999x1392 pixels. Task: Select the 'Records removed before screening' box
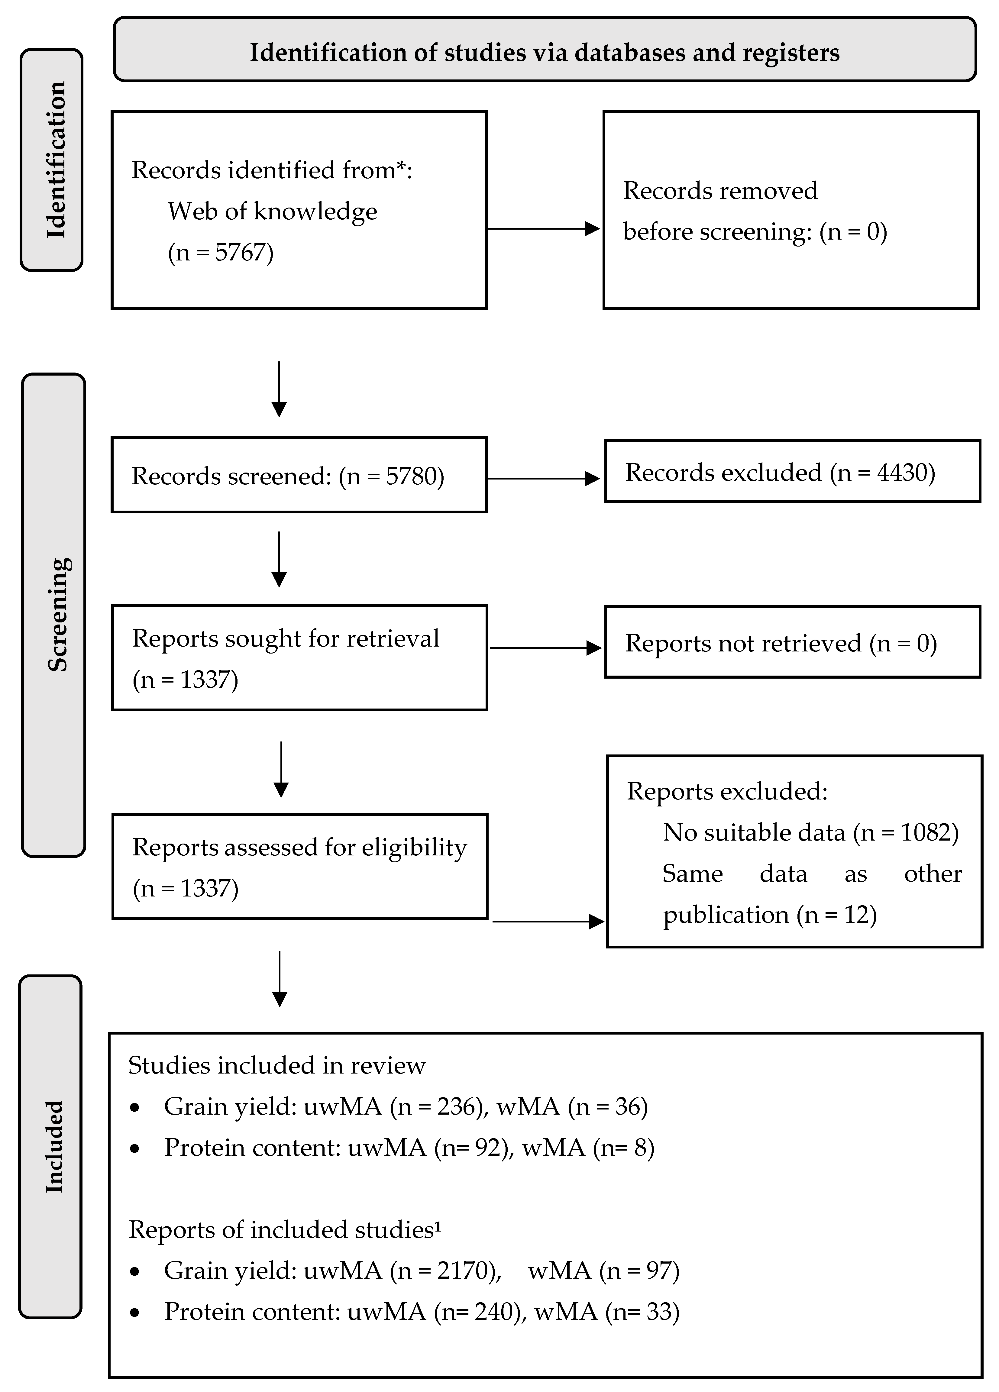[790, 210]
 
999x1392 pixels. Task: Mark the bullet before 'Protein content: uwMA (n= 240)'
[135, 1312]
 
